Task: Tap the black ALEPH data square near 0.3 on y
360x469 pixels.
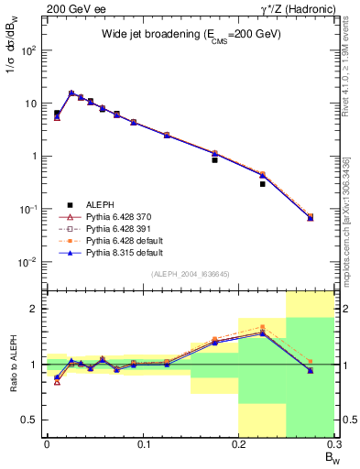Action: point(262,184)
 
